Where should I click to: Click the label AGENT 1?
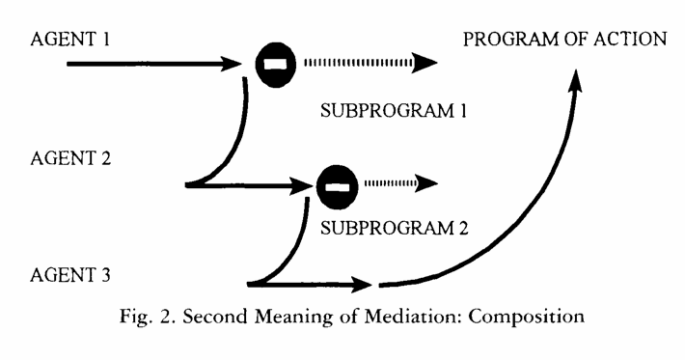pos(69,40)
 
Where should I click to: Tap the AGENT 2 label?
pos(70,157)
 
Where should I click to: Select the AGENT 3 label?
pos(69,275)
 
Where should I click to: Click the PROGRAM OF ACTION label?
pos(564,40)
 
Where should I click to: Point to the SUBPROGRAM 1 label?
pos(394,111)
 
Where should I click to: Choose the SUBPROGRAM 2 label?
pos(394,228)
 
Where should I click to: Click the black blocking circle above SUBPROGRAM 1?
pos(276,65)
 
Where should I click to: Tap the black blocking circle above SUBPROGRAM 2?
pos(337,187)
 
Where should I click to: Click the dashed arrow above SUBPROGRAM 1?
pos(370,63)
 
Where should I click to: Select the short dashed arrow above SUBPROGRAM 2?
pos(400,183)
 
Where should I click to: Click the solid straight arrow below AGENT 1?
pos(153,64)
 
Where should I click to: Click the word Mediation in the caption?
pos(413,316)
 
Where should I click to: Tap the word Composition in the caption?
pos(526,317)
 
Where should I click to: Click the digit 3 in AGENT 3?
pos(105,275)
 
